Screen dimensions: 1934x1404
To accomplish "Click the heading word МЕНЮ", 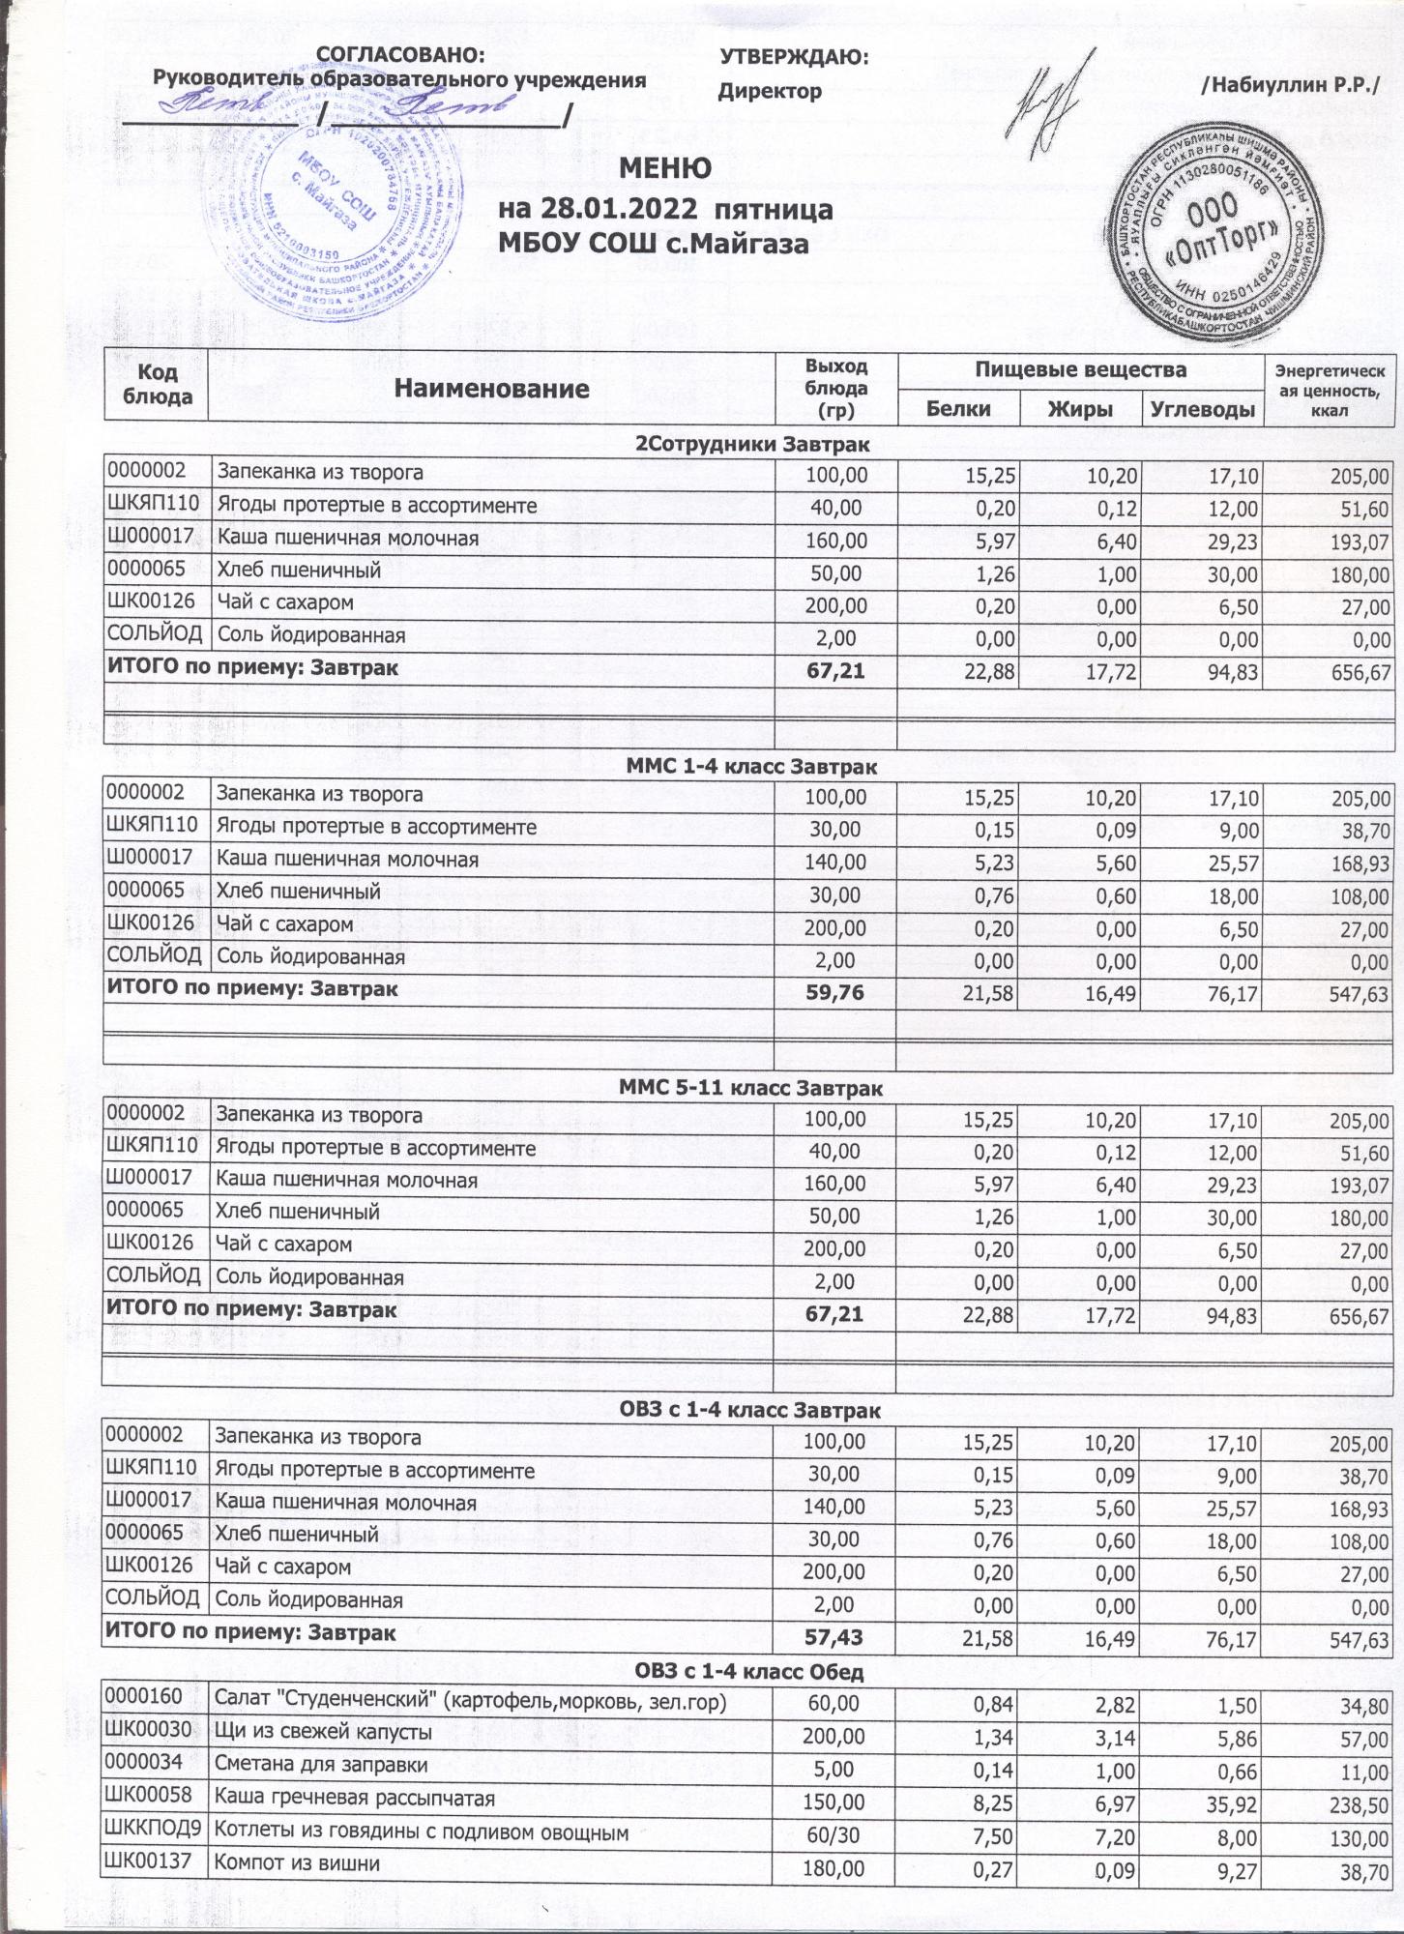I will [664, 168].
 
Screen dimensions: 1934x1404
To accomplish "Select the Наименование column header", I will [491, 389].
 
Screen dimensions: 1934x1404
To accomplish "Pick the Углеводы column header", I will [1202, 408].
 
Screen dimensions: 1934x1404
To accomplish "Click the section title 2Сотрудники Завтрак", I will [751, 445].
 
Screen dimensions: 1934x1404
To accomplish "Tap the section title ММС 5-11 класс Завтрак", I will [750, 1089].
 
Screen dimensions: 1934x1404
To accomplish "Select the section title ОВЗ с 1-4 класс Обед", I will [748, 1671].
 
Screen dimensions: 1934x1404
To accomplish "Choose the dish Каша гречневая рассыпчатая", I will [354, 1798].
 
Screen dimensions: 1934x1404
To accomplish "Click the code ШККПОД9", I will [154, 1830].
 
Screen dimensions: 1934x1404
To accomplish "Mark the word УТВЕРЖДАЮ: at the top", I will [794, 57].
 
